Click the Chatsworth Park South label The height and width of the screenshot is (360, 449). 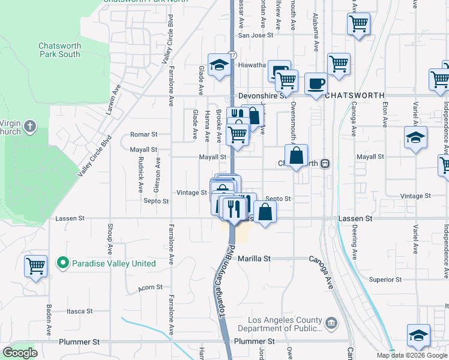tap(59, 50)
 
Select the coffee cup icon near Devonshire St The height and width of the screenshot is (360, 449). tap(316, 83)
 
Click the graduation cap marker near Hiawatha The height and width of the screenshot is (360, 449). tap(220, 64)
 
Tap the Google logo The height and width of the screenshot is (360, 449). tap(20, 353)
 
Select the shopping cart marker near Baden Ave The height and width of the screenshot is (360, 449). tap(35, 265)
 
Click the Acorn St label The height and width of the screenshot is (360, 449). tap(150, 287)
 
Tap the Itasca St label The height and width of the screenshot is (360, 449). tap(80, 311)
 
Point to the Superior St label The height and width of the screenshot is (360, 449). tap(385, 280)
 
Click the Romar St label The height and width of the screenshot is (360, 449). tap(144, 135)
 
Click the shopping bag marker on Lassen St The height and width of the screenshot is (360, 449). tap(265, 212)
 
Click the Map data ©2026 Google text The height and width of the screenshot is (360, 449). tap(411, 355)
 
